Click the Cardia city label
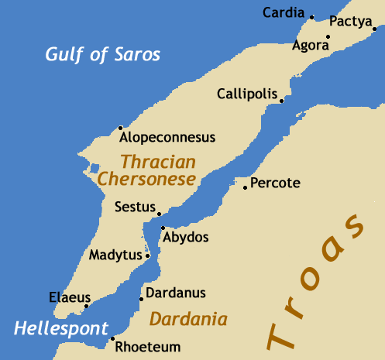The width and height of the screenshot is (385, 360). pos(283,12)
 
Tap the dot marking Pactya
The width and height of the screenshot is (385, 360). pos(375,29)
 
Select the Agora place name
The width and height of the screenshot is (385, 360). pos(310,46)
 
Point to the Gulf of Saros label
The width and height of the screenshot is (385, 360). pos(102,54)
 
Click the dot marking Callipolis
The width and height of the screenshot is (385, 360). pos(281,101)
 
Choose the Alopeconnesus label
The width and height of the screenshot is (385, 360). pos(167,138)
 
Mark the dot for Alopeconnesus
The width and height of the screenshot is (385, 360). pos(120,128)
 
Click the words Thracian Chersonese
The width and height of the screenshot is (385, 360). pos(147,170)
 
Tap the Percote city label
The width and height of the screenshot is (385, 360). pos(276,183)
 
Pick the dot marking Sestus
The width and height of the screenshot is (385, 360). pos(159,214)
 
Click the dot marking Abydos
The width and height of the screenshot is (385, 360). pos(163,228)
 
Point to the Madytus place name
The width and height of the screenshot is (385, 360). pos(115,255)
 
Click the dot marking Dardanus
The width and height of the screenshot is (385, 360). pos(141,299)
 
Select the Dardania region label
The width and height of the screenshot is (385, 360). pos(188,319)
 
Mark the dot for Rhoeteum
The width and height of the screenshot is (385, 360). pos(113,338)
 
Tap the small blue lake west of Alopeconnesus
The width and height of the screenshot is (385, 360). pos(94,168)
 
